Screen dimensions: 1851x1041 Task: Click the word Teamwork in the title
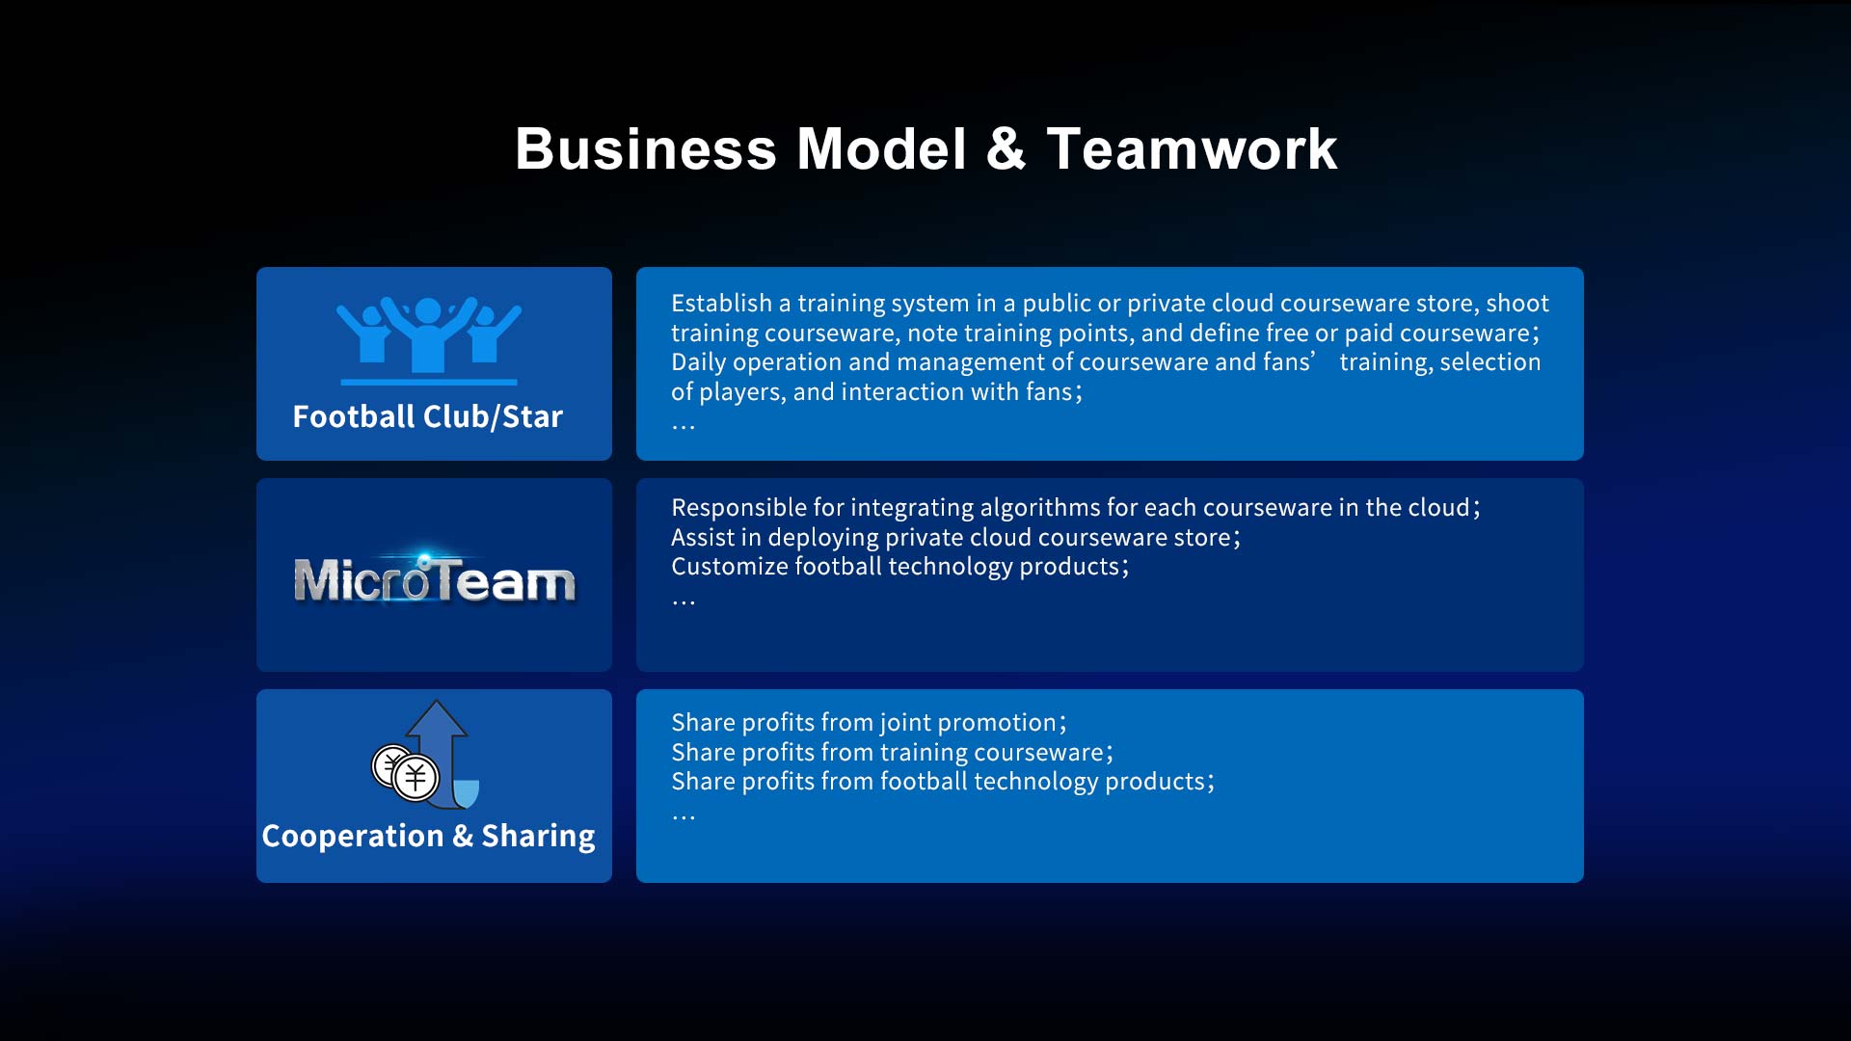pos(1192,149)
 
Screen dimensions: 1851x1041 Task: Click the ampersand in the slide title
pos(1006,149)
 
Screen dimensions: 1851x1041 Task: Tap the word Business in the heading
pos(646,149)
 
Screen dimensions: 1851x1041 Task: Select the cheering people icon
pos(429,340)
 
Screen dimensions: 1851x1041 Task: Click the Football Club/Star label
pos(427,416)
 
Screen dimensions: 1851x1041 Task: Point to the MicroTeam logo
pos(434,578)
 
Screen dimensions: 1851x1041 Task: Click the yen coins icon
pos(406,772)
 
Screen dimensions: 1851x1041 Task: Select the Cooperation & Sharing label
pos(428,836)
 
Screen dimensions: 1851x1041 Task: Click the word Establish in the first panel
pos(721,304)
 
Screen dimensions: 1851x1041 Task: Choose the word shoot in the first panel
pos(1517,304)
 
